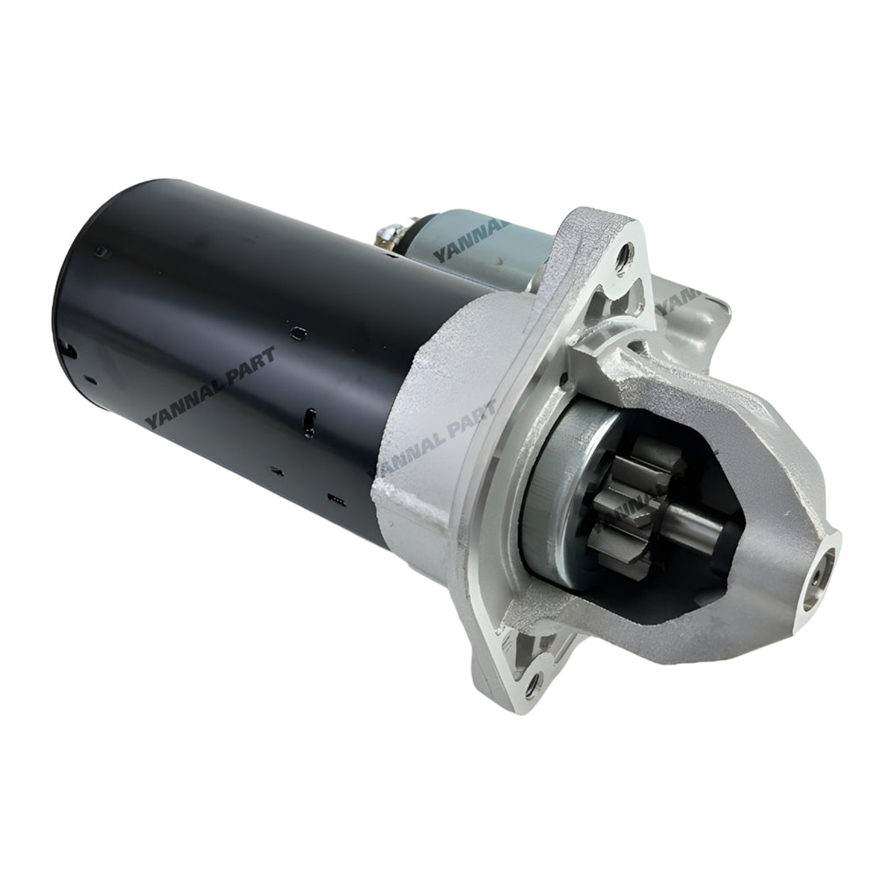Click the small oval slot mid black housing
pos(298,332)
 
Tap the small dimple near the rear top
pos(104,252)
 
